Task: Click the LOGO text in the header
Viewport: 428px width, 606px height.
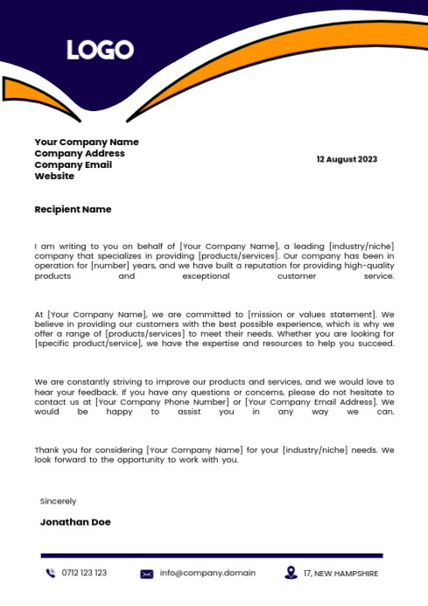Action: point(100,50)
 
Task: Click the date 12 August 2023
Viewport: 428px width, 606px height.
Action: point(347,159)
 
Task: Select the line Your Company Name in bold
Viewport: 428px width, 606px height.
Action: point(87,142)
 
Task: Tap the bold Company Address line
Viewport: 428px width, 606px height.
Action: point(80,153)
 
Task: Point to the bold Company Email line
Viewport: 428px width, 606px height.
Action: point(74,164)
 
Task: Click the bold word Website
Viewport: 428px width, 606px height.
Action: point(54,176)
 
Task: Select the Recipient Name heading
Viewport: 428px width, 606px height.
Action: point(73,210)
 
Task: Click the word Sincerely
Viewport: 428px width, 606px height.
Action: point(58,501)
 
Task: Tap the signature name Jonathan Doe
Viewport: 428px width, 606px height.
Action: point(75,522)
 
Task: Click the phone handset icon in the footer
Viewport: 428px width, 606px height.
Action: point(50,574)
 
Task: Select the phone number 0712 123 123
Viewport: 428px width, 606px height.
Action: point(84,574)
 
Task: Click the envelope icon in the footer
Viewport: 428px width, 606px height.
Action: point(147,574)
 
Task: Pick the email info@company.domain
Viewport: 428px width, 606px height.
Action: point(207,574)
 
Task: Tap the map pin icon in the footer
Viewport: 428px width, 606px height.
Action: point(291,573)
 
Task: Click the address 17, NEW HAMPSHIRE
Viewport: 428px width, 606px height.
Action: point(340,574)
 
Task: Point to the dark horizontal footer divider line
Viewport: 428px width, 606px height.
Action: point(212,555)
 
